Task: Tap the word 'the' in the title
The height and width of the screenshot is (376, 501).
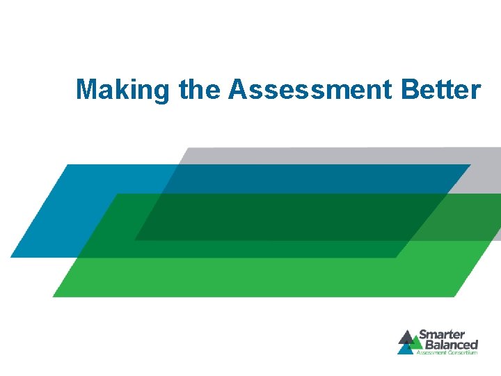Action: tap(200, 90)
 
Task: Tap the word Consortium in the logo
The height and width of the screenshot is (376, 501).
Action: tap(462, 352)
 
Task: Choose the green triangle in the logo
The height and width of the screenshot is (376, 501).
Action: tap(416, 341)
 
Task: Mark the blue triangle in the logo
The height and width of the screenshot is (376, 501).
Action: tap(405, 348)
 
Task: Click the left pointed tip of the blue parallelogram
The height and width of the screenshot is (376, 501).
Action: tap(11, 257)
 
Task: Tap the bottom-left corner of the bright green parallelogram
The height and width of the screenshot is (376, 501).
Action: tap(54, 297)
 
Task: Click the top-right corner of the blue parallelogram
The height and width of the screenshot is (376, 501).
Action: tap(470, 165)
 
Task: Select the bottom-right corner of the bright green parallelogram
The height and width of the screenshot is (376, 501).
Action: tap(455, 297)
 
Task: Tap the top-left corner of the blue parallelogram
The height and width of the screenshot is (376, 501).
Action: tap(66, 165)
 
